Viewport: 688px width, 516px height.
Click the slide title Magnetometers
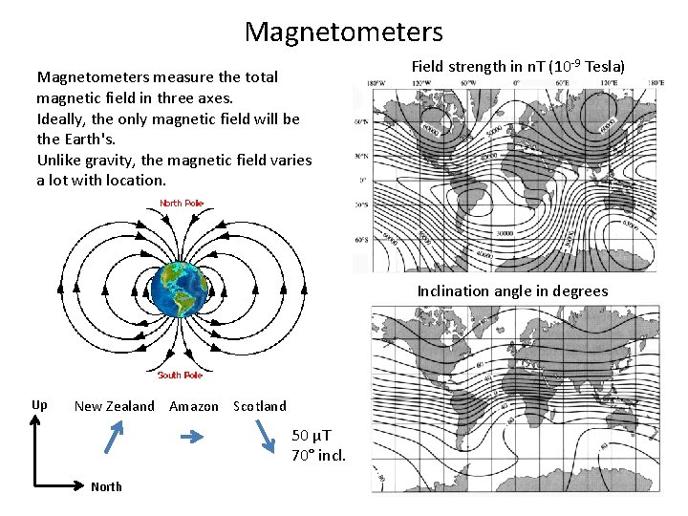pyautogui.click(x=344, y=32)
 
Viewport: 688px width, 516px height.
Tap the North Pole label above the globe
pyautogui.click(x=182, y=203)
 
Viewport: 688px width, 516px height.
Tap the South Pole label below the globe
pyautogui.click(x=181, y=376)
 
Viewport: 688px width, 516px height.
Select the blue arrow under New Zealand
pyautogui.click(x=114, y=437)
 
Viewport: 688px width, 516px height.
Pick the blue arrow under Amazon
pyautogui.click(x=193, y=438)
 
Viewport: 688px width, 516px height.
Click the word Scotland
pyautogui.click(x=260, y=406)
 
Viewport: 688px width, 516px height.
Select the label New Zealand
pyautogui.click(x=114, y=406)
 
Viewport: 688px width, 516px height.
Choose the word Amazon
pyautogui.click(x=193, y=406)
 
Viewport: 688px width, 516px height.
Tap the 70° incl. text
pyautogui.click(x=318, y=455)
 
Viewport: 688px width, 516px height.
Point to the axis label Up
pyautogui.click(x=39, y=405)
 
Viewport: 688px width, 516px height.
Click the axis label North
pyautogui.click(x=106, y=487)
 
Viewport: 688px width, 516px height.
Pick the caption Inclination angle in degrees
pyautogui.click(x=512, y=290)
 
